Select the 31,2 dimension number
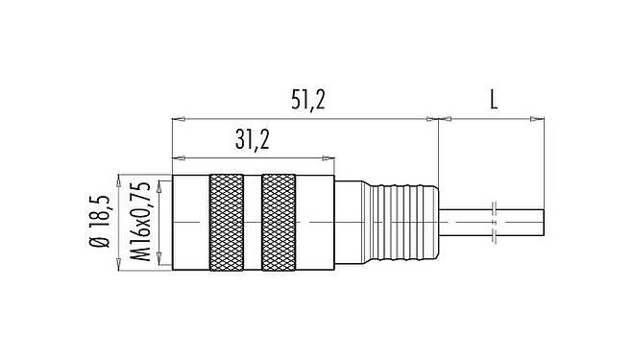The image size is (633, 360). point(251,140)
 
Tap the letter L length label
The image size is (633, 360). point(492,100)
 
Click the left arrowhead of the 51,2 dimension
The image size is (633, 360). point(177,120)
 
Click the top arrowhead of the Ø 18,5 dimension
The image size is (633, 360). point(118,180)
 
